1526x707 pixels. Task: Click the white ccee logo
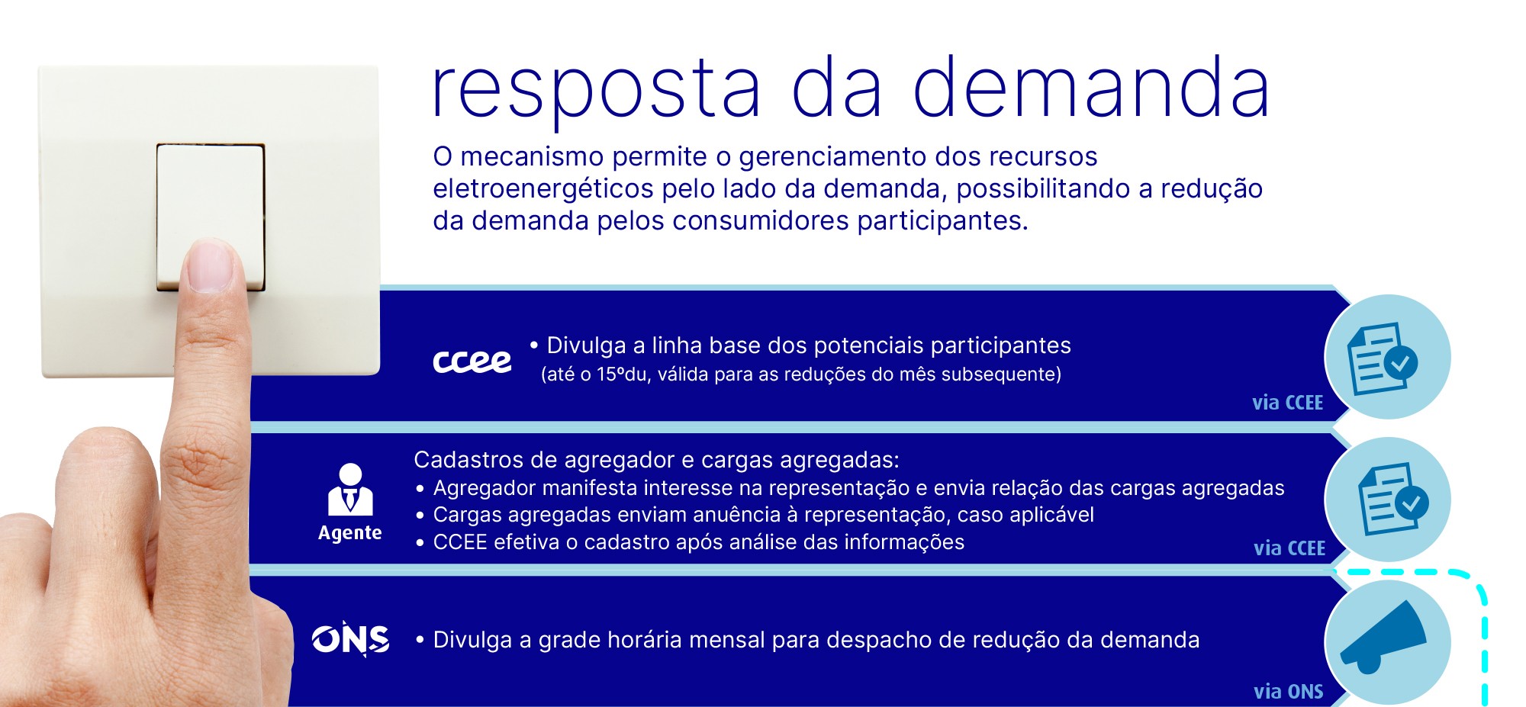[x=472, y=361]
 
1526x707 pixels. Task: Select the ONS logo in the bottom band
[x=351, y=639]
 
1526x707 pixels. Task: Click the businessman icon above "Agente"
[x=350, y=489]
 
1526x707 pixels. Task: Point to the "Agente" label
[x=350, y=532]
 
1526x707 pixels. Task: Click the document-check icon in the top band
[x=1383, y=358]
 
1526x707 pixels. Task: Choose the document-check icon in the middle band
[x=1392, y=499]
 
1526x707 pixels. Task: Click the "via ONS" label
[x=1289, y=691]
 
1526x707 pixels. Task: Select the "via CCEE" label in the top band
[x=1288, y=403]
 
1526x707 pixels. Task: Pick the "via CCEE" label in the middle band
[x=1289, y=548]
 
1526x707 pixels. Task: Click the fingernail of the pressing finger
[x=209, y=265]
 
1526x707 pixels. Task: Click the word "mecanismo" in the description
[x=532, y=156]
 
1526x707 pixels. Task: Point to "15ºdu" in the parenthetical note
[x=621, y=374]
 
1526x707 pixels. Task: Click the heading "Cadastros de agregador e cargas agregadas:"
[x=656, y=460]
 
